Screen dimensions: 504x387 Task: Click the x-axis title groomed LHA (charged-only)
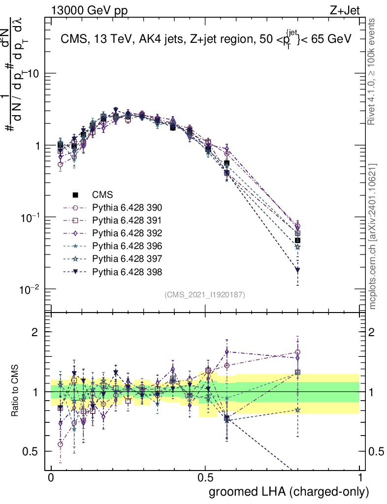click(289, 492)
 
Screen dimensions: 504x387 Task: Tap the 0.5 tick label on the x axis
click(205, 478)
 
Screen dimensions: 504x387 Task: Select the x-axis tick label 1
click(360, 478)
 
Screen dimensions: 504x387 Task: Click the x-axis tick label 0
click(51, 478)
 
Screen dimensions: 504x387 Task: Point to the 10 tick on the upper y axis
click(35, 73)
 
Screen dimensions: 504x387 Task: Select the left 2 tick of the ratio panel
click(35, 332)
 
